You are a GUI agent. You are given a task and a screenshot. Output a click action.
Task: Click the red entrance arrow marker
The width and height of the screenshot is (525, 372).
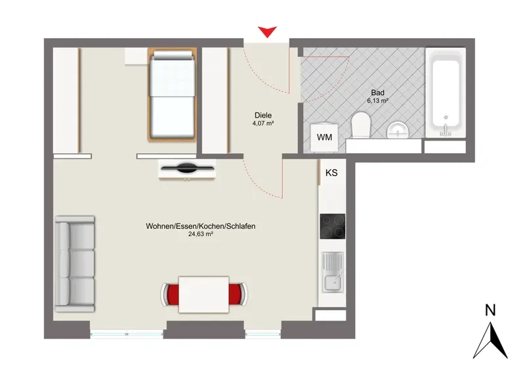[267, 32]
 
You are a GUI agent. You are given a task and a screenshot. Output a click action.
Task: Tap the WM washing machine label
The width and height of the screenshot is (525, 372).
[324, 137]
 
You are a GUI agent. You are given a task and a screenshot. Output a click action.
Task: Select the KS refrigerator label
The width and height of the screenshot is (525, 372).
[331, 173]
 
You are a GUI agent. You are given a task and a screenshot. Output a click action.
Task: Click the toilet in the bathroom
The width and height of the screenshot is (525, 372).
[361, 125]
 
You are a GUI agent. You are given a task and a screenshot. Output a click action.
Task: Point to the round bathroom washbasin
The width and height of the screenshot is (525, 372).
[398, 130]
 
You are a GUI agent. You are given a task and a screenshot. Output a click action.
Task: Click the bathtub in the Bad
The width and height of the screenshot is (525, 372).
[446, 92]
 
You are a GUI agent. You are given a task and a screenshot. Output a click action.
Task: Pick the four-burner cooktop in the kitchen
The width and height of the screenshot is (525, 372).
[333, 226]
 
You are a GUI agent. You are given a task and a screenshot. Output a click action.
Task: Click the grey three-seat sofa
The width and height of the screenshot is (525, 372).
[75, 264]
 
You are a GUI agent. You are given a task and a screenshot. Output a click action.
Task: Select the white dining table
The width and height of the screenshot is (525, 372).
[204, 294]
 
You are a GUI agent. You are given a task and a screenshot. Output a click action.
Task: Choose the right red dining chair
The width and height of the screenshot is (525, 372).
[238, 294]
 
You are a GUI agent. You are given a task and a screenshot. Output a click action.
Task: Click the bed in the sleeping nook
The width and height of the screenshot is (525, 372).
[172, 95]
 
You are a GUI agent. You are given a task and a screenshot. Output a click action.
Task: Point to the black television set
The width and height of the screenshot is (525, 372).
[187, 168]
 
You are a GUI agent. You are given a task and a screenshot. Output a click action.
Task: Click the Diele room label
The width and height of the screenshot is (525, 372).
[263, 116]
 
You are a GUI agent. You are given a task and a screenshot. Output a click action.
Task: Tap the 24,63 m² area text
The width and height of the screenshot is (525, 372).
[201, 234]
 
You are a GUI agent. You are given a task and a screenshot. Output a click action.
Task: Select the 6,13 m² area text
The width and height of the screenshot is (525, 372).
[378, 101]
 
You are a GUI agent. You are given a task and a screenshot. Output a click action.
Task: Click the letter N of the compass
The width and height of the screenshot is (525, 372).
[490, 310]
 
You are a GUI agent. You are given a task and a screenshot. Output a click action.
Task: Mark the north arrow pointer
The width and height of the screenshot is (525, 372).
[490, 340]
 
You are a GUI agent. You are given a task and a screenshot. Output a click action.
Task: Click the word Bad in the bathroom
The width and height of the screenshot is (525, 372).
[378, 93]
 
